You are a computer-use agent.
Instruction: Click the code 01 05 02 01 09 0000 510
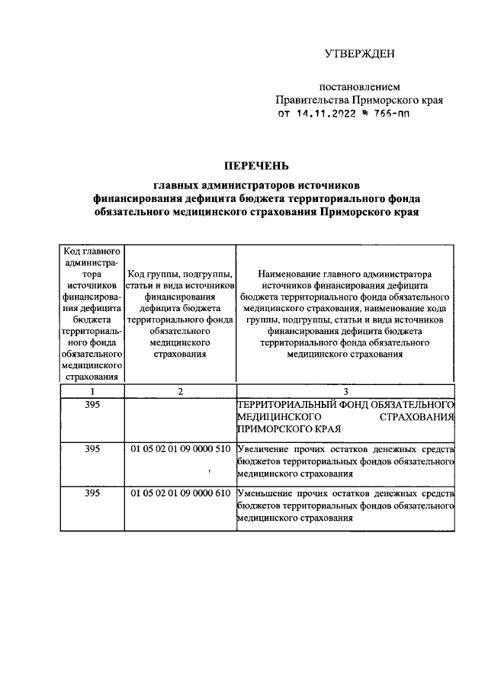tap(180, 449)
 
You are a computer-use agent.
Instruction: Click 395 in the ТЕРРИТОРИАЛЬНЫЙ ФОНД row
tap(91, 405)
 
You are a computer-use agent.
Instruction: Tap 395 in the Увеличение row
tap(91, 449)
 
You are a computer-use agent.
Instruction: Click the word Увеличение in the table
tap(265, 449)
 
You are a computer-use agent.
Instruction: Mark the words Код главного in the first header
tap(91, 251)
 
